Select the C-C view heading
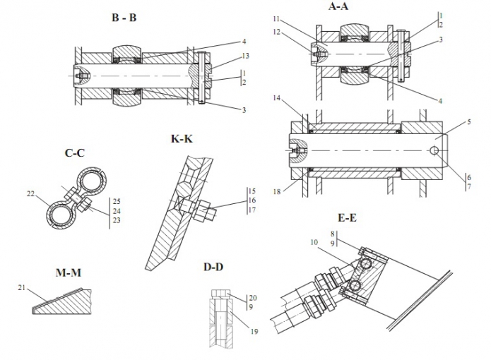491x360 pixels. coord(74,152)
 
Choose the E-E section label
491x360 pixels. coord(346,218)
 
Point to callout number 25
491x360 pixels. coord(116,201)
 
